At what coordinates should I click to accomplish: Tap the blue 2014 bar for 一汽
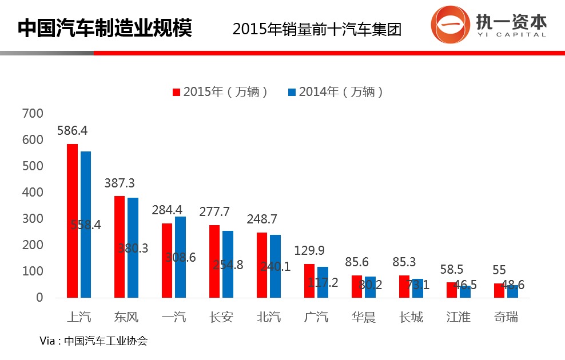pyautogui.click(x=181, y=257)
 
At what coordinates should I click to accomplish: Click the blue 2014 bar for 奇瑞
pyautogui.click(x=512, y=291)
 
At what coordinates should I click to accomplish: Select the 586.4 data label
pyautogui.click(x=72, y=131)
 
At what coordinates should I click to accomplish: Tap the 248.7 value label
pyautogui.click(x=262, y=219)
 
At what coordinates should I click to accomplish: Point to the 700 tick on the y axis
pyautogui.click(x=32, y=114)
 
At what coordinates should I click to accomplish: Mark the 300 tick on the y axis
pyautogui.click(x=32, y=219)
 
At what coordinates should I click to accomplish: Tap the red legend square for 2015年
pyautogui.click(x=177, y=92)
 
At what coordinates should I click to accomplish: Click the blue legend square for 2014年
pyautogui.click(x=292, y=92)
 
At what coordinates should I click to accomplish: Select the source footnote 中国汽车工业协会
pyautogui.click(x=106, y=341)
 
